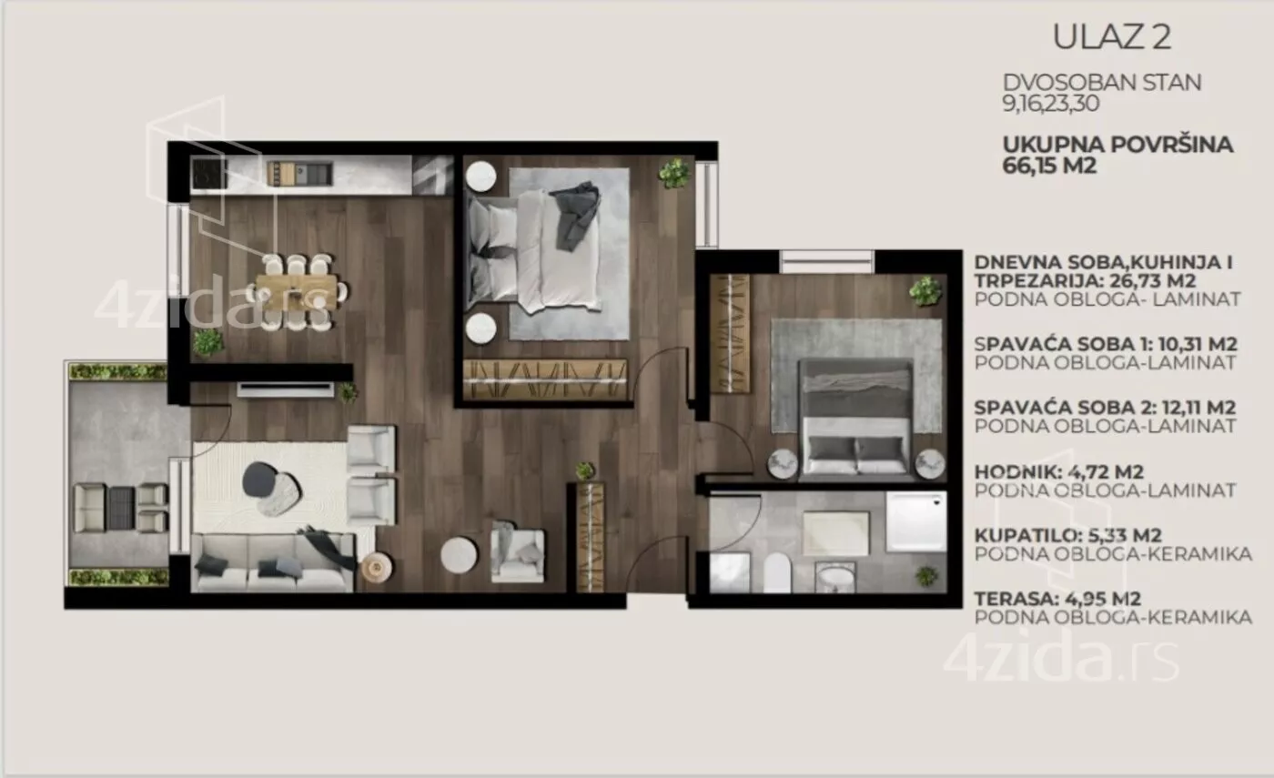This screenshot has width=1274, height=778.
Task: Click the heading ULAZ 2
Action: tap(1112, 37)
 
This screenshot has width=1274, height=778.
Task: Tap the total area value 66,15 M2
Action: tap(1049, 166)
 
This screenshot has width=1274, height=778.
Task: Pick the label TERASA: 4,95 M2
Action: tap(1057, 599)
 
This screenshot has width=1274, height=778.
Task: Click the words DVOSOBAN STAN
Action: tap(1102, 83)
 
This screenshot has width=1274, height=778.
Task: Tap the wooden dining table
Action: tap(297, 292)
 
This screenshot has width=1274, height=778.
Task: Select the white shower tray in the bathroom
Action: tap(916, 521)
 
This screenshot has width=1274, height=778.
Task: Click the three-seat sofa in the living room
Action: tap(273, 562)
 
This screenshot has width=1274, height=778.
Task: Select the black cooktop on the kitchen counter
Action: tap(209, 173)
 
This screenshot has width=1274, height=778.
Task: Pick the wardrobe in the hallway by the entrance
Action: tap(591, 538)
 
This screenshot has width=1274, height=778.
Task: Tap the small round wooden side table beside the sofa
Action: tap(377, 566)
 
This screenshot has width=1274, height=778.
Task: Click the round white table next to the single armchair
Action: tap(459, 555)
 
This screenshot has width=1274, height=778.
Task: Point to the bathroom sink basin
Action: tap(835, 577)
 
